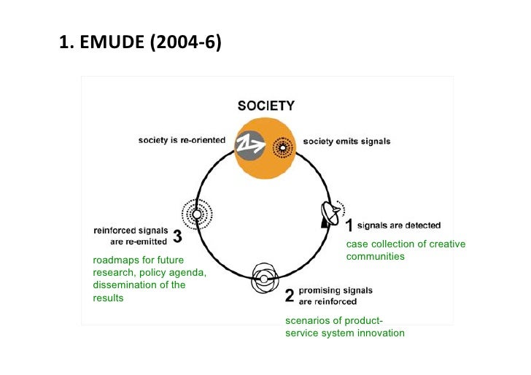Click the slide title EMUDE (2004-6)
click(x=140, y=46)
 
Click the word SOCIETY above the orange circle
click(x=266, y=106)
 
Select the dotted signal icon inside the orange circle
click(x=281, y=148)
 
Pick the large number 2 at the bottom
click(x=290, y=296)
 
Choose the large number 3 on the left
click(x=177, y=237)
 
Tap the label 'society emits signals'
click(x=346, y=142)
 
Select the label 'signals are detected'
click(x=399, y=225)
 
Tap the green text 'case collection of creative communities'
click(x=406, y=250)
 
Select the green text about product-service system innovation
click(x=344, y=328)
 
